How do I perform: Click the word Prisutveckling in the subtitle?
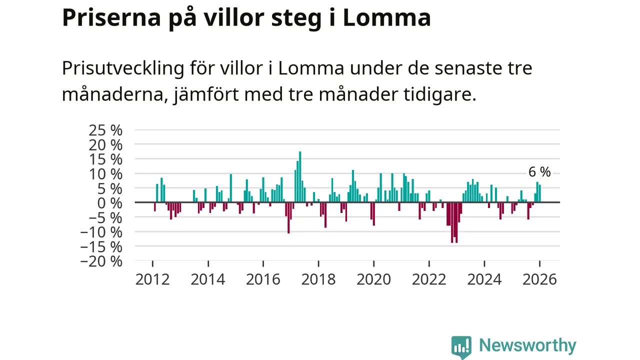(x=123, y=68)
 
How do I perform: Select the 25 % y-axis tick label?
(x=105, y=130)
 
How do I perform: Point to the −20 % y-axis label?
(x=101, y=261)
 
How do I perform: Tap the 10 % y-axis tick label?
(x=105, y=174)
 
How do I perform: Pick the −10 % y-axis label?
(x=101, y=232)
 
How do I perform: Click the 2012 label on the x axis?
(x=152, y=279)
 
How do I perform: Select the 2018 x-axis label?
(x=318, y=279)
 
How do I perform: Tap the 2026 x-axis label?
(x=539, y=279)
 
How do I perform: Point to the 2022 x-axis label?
(x=429, y=279)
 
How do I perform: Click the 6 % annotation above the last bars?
(x=539, y=172)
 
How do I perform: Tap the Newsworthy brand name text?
(x=527, y=345)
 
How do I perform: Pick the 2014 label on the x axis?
(x=208, y=279)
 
